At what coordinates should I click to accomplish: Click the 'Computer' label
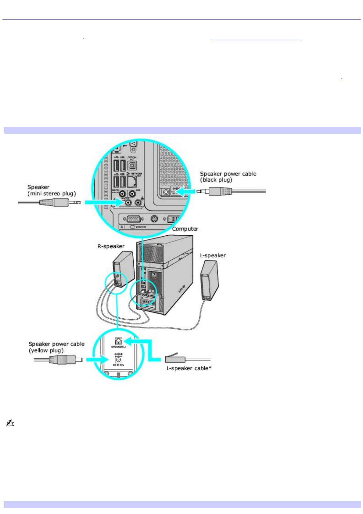click(185, 229)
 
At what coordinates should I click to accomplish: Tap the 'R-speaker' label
click(111, 246)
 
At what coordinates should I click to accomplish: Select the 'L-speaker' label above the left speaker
click(213, 255)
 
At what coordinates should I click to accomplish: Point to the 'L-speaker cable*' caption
click(189, 368)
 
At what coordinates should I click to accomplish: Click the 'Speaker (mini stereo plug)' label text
click(52, 190)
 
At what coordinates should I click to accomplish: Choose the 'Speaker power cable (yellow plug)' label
click(56, 347)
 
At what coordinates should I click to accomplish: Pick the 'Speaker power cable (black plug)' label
click(228, 177)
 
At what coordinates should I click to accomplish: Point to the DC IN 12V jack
click(118, 360)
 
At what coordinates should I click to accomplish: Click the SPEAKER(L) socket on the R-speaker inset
click(118, 341)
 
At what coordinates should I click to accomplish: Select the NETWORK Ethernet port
click(132, 182)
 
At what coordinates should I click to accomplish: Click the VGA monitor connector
click(134, 219)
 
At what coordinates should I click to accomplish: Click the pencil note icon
click(10, 423)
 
